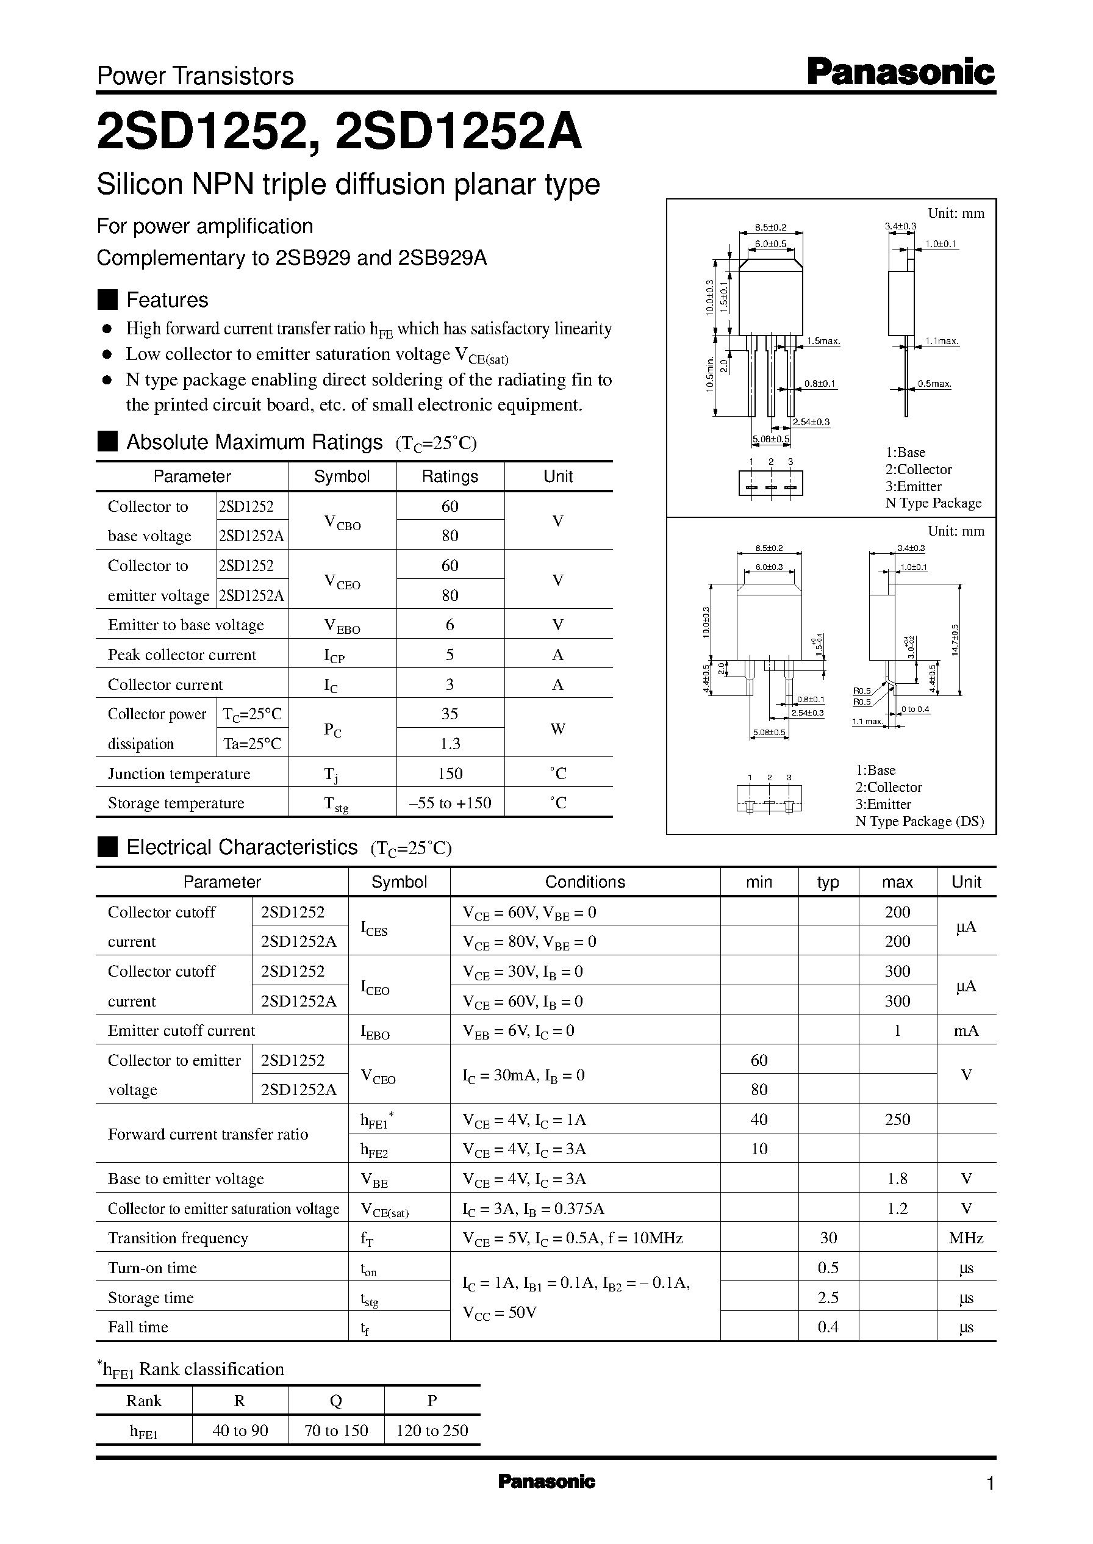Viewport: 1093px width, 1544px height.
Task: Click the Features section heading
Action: point(167,300)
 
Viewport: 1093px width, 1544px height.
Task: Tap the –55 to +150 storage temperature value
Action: point(450,802)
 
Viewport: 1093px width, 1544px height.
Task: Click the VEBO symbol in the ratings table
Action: point(342,626)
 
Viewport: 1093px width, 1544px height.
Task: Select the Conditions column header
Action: point(584,882)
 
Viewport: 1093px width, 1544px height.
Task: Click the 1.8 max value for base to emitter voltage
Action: point(897,1178)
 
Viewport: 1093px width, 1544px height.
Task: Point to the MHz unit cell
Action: point(966,1238)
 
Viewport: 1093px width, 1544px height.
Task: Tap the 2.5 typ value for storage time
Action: point(827,1297)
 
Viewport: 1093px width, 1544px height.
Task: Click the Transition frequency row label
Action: point(177,1238)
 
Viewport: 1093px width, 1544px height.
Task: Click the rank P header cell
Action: point(431,1400)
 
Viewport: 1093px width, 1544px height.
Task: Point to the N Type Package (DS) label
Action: point(919,821)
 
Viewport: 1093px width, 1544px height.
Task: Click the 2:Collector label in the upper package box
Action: point(918,469)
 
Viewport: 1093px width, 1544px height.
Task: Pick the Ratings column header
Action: point(450,476)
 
